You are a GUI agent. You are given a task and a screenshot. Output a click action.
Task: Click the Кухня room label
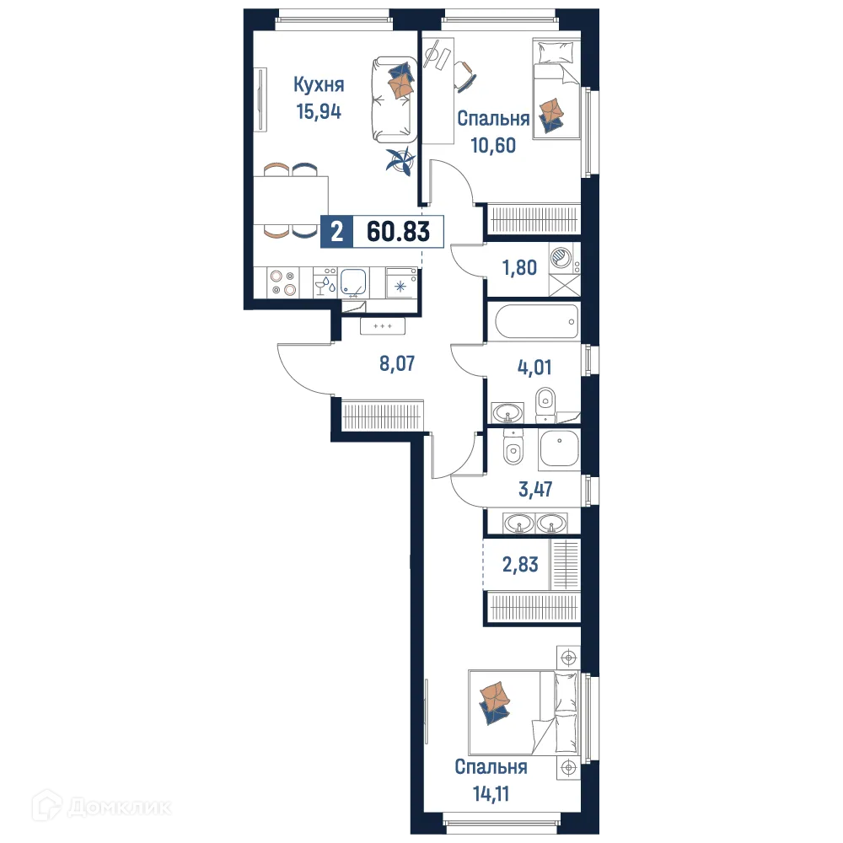click(319, 84)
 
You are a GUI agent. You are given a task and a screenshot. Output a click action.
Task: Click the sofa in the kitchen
click(394, 99)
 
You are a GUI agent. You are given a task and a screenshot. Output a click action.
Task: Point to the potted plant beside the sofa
click(400, 161)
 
